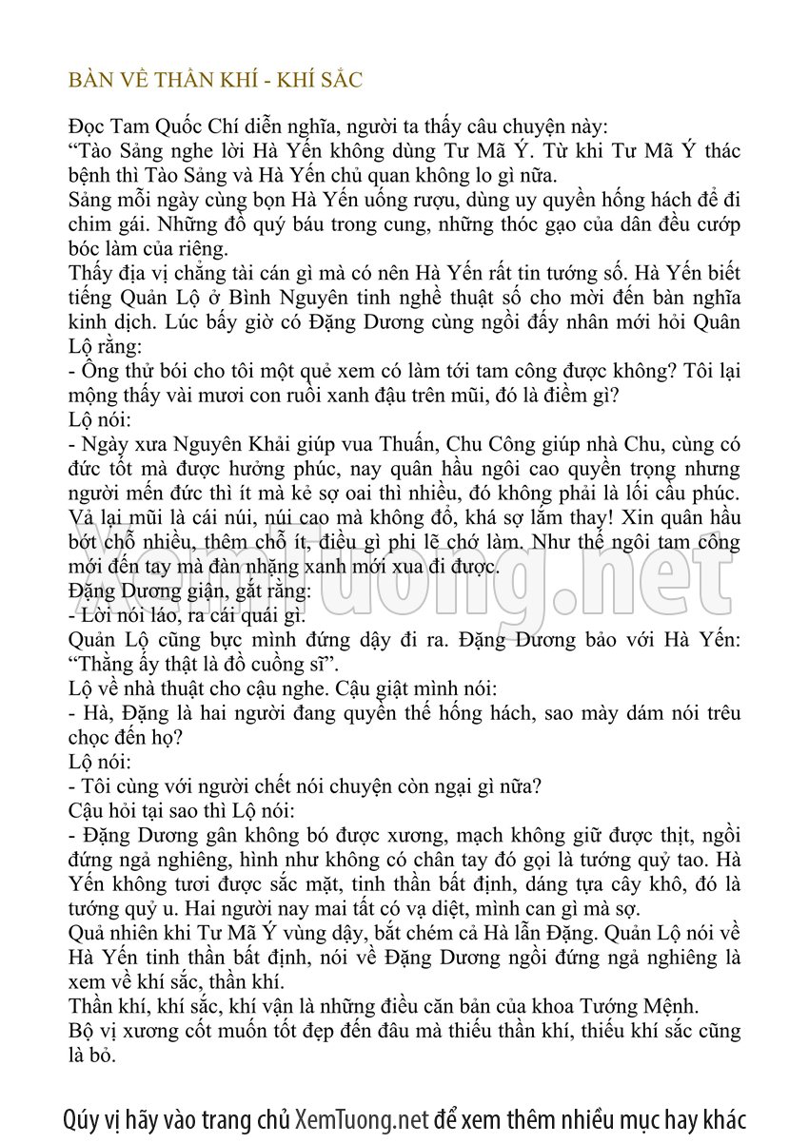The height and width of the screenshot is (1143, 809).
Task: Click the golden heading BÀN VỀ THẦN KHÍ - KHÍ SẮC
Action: coord(216,80)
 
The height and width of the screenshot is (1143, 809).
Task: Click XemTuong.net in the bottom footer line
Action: coord(362,1118)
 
